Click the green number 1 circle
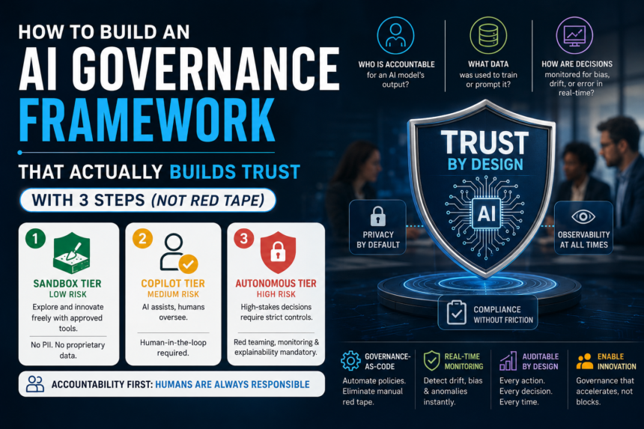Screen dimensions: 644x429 tap(35, 239)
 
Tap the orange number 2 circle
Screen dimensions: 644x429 tap(142, 239)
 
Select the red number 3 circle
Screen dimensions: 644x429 tap(244, 239)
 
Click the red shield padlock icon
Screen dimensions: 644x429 tap(278, 252)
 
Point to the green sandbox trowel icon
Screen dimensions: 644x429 tap(71, 253)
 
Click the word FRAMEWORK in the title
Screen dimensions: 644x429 tap(147, 121)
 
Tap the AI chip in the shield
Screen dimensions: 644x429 tap(486, 213)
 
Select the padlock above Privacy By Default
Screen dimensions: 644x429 tap(378, 216)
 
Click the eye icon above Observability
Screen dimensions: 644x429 tap(583, 217)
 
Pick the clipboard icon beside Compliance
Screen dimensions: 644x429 tap(456, 313)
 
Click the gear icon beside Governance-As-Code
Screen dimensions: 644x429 tap(350, 361)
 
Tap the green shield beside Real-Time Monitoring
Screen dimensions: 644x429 tap(431, 361)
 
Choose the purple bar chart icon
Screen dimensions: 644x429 tap(508, 361)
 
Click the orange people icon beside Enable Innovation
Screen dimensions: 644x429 tap(584, 362)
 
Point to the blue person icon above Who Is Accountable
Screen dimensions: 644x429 tap(395, 35)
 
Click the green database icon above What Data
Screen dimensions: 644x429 tap(488, 35)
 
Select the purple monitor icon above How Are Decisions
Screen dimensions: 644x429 tap(574, 35)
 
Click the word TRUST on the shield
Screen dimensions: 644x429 tap(484, 143)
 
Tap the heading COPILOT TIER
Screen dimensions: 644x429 tap(173, 283)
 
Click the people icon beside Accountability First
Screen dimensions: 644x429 tap(35, 384)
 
